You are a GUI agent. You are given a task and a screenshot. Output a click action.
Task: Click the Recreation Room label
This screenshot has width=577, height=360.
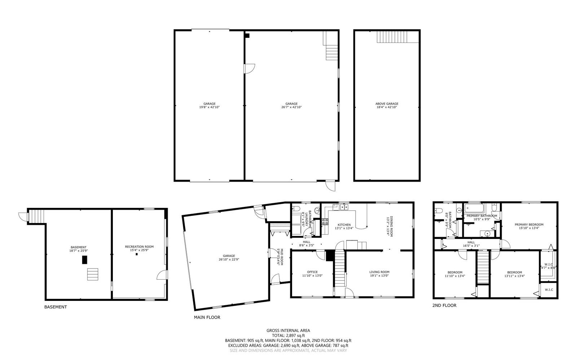coord(139,247)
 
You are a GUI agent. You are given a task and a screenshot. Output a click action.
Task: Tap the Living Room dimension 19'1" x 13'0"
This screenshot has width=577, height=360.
coord(379,276)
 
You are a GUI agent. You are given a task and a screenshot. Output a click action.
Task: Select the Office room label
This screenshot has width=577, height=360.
coord(312,272)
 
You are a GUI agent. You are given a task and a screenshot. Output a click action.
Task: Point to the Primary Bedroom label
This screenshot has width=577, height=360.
coord(529,225)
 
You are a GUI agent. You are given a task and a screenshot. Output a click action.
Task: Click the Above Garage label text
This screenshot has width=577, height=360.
coord(387,103)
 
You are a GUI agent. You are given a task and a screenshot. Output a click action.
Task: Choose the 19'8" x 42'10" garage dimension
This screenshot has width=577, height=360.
coord(209,107)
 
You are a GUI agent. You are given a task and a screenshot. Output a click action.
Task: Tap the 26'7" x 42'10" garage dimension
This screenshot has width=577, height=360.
coord(291,107)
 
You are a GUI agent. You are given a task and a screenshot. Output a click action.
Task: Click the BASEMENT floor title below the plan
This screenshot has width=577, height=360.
coord(56,307)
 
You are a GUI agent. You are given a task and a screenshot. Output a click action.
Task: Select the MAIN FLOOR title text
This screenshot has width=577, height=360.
coord(207,317)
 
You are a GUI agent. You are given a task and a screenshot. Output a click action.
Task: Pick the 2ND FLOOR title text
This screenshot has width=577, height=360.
coord(444,305)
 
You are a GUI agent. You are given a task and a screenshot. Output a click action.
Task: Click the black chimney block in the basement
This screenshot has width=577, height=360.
coord(84,260)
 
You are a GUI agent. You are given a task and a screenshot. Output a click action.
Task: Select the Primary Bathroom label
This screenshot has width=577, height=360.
coord(481,216)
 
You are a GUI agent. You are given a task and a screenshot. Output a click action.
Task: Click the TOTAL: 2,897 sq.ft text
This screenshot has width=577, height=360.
coord(288,335)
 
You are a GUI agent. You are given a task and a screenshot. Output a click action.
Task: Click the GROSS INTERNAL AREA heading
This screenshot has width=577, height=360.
coord(288,330)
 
